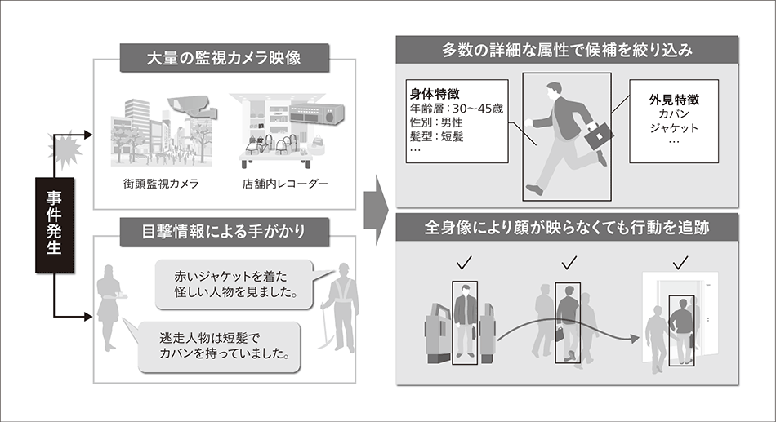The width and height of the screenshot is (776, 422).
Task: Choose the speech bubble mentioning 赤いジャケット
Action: click(232, 282)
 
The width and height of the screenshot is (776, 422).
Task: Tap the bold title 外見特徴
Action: click(675, 99)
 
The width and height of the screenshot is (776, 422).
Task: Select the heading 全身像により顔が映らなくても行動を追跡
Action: click(568, 229)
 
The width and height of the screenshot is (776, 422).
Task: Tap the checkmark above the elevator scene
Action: click(681, 263)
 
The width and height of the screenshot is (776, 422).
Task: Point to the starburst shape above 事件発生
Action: click(64, 150)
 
